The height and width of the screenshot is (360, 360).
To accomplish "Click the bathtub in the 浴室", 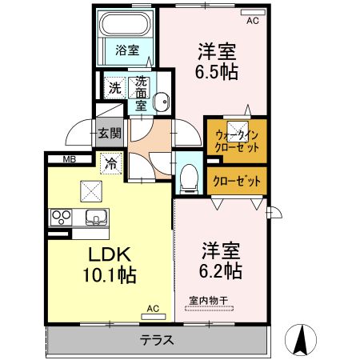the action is pos(125,24).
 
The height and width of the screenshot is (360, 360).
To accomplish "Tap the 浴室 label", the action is pos(127,50).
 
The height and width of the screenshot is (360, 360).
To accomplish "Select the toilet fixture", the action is pos(189,178).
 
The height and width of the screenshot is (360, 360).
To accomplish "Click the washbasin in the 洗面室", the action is pos(162,102).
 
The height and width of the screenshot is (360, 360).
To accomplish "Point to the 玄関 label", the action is pos(110,133).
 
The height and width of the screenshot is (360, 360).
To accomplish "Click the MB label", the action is pos(70,159).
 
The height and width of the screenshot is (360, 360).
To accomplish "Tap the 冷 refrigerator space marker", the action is pos(111,164).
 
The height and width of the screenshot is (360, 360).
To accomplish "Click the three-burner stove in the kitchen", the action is pos(62,217).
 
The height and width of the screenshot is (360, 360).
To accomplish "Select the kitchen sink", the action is pos(96,217).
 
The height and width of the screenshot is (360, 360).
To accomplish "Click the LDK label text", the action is pos(110,254).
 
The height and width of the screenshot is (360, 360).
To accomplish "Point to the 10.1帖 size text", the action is pos(110,274).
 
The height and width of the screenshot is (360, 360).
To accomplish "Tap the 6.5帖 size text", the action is pos(217,72).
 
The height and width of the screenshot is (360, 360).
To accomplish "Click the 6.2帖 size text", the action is pos(221,270).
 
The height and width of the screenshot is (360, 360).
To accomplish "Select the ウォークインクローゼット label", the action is pos(237,142).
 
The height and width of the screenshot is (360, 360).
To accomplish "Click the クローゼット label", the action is pos(237,182).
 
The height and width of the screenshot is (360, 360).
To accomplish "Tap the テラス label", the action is pos(157,340).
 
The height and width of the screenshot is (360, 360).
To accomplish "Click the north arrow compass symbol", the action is pos(301,339).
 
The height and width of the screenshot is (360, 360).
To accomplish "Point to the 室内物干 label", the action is pos(209,301).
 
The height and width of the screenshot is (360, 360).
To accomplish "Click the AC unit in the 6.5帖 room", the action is pos(253,12).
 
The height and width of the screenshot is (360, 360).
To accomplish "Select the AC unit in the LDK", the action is pos(154,317).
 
